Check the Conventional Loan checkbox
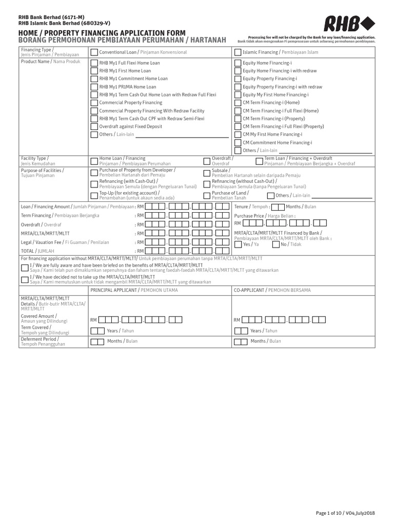click(x=94, y=52)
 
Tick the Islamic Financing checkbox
click(x=238, y=52)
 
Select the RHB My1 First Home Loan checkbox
click(x=94, y=70)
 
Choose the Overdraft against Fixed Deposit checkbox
click(x=94, y=126)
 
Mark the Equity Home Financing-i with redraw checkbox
click(x=238, y=70)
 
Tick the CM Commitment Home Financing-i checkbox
click(x=238, y=142)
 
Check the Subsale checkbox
click(x=207, y=172)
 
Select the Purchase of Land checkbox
click(x=207, y=195)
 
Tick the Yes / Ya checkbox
click(x=238, y=244)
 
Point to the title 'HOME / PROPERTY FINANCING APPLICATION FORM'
click(x=102, y=33)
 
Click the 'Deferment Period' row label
click(x=40, y=340)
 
